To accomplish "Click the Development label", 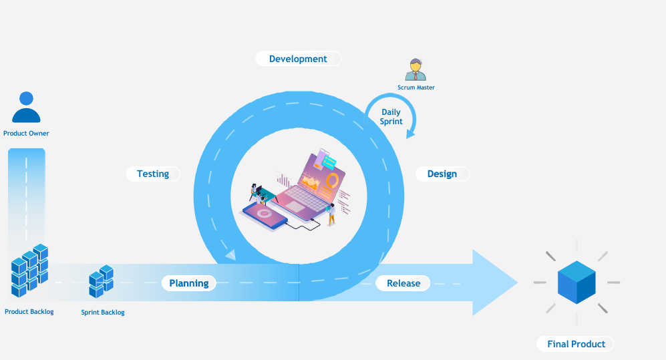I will (298, 59).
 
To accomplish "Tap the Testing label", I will (153, 174).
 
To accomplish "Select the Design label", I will (442, 174).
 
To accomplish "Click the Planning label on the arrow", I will (189, 283).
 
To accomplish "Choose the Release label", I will (403, 283).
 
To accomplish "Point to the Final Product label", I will (576, 344).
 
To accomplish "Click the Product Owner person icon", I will (26, 108).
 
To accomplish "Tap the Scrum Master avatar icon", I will (415, 69).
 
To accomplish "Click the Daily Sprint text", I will (391, 117).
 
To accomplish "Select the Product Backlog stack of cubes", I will (30, 271).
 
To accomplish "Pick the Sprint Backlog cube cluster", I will (101, 281).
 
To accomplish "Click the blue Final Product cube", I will (576, 282).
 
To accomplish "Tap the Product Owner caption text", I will (26, 134).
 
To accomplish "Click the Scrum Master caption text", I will (416, 87).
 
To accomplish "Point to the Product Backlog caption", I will (29, 312).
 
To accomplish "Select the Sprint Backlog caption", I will (103, 313).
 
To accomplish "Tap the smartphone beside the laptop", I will (265, 214).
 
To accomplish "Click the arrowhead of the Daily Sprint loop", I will (410, 134).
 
